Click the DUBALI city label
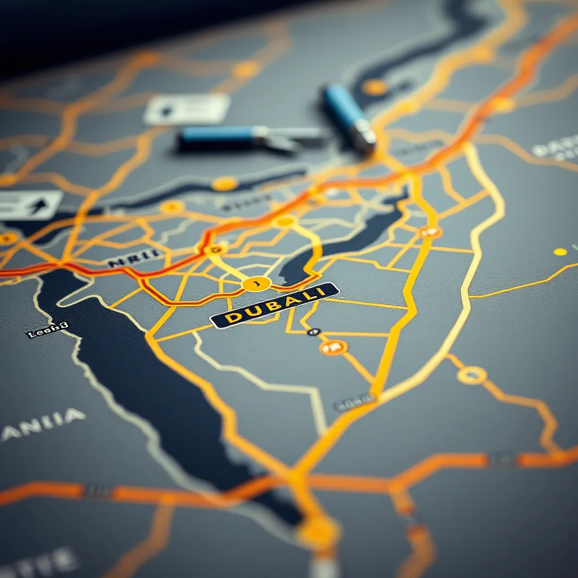[274, 305]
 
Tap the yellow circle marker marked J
[256, 283]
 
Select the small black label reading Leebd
[47, 330]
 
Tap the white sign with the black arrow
[30, 205]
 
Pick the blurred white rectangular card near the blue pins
[187, 108]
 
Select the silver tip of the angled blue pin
[364, 138]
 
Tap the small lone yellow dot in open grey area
[560, 252]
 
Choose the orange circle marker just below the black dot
[333, 347]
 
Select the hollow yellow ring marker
[472, 375]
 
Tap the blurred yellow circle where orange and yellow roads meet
[319, 531]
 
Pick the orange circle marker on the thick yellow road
[430, 231]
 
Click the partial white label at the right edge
[555, 149]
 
